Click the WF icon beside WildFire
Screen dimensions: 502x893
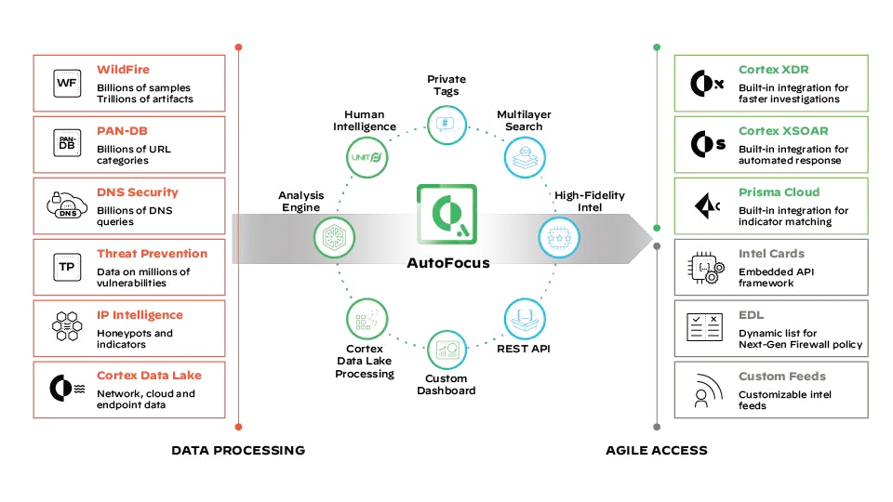pyautogui.click(x=67, y=84)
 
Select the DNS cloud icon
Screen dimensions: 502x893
pyautogui.click(x=67, y=206)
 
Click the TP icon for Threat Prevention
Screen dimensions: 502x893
pyautogui.click(x=67, y=267)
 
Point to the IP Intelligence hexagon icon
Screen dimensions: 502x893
pyautogui.click(x=67, y=328)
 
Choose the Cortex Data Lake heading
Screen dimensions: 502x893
pyautogui.click(x=149, y=376)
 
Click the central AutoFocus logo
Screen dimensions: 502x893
pyautogui.click(x=446, y=216)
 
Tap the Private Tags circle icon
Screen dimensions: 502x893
pyautogui.click(x=446, y=122)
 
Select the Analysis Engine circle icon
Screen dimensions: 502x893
pyautogui.click(x=331, y=237)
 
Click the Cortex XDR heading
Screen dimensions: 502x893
pyautogui.click(x=773, y=70)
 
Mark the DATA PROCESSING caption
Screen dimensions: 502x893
pyautogui.click(x=238, y=451)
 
